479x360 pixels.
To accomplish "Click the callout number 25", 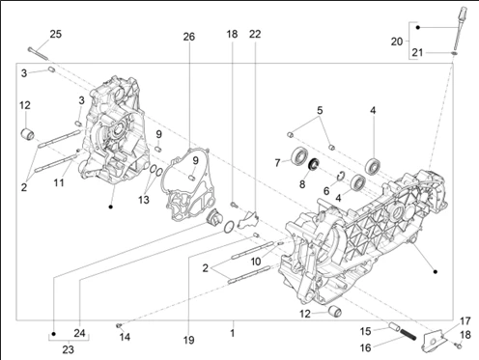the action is pos(56,34).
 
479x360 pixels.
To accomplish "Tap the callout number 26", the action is pos(189,37).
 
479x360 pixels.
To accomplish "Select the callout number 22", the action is pos(255,34).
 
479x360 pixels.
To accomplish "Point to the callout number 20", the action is pos(397,42).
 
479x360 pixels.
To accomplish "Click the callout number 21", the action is pos(417,52).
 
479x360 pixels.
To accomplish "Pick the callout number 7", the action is pos(277,163).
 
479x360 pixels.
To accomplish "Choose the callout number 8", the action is pos(302,184).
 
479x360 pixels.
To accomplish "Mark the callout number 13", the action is pos(144,200).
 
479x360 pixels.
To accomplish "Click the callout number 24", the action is pos(79,333).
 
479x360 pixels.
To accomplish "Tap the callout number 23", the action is pos(68,349).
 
